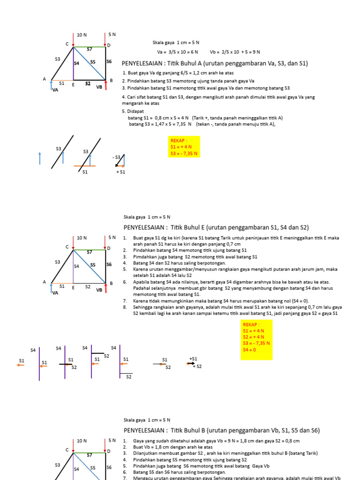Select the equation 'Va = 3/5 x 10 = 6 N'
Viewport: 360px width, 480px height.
point(177,52)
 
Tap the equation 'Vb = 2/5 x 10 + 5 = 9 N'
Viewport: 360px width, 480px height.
point(234,52)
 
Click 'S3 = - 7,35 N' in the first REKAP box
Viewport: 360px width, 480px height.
point(184,153)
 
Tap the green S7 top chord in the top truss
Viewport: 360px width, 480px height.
point(89,47)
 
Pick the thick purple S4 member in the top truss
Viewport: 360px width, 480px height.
point(74,63)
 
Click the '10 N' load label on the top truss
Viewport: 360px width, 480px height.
point(82,35)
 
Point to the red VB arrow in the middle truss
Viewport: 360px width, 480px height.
point(105,288)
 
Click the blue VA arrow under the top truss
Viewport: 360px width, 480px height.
point(51,86)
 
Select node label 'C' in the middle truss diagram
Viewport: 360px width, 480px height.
point(67,247)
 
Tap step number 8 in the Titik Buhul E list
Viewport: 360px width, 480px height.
point(125,307)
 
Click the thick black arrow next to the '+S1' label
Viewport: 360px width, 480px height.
point(191,363)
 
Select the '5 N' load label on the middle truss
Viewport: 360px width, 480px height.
point(112,238)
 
